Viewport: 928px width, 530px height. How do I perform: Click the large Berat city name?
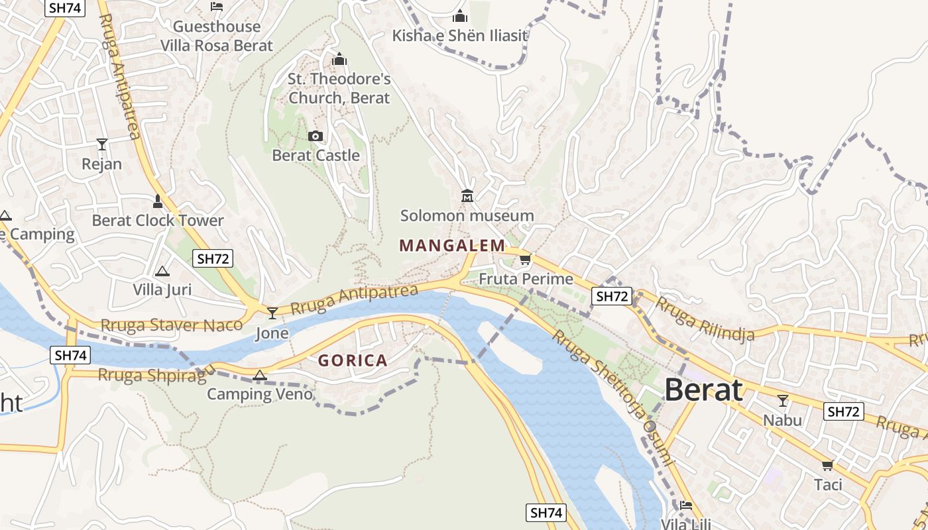[703, 390]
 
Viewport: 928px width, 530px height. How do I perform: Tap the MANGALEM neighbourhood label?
[452, 246]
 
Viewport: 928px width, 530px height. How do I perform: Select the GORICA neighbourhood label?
[353, 361]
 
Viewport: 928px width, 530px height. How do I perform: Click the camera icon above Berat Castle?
[316, 136]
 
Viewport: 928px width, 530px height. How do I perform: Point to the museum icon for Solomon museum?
[467, 195]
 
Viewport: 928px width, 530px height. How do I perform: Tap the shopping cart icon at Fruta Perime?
[526, 259]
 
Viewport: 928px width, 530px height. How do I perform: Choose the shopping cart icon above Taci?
[827, 465]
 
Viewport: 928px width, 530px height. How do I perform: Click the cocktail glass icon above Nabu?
[783, 400]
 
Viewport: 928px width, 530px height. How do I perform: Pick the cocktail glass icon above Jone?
[272, 313]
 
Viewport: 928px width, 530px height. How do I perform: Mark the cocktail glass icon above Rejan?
[101, 144]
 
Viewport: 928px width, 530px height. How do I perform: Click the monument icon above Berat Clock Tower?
[158, 201]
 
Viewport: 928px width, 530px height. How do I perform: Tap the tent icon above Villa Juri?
[162, 271]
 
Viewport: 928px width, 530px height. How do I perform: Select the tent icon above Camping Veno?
[260, 376]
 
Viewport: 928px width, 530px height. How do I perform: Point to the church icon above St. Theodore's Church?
[339, 60]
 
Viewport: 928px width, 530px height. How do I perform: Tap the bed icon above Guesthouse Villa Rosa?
[216, 7]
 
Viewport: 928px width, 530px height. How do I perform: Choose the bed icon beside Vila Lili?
[686, 505]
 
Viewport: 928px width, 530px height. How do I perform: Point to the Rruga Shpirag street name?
[152, 375]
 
